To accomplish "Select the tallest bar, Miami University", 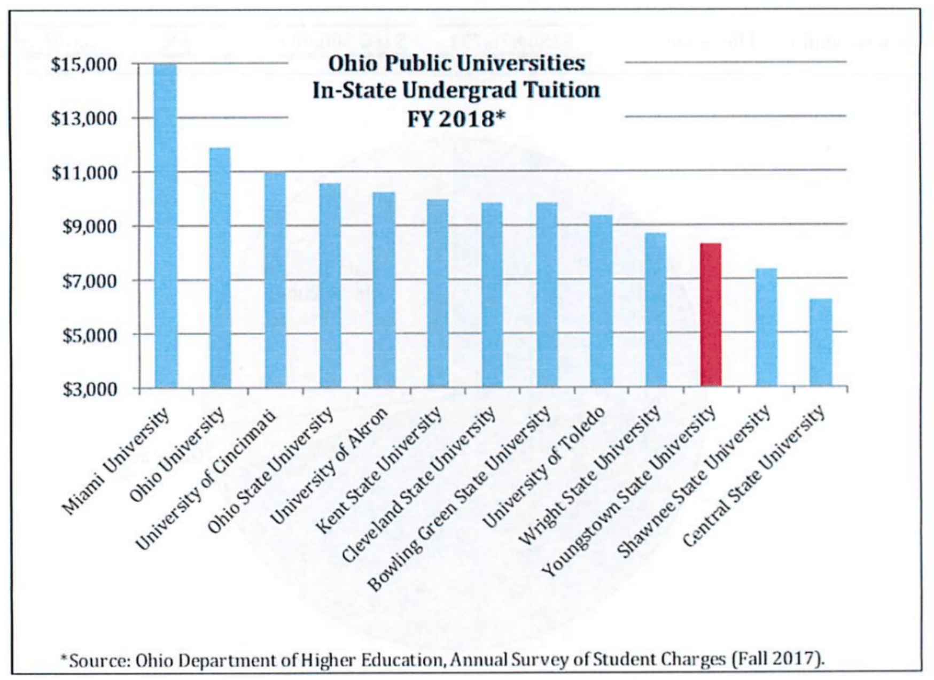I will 166,225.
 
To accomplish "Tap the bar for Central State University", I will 821,342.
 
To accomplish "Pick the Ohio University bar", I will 220,267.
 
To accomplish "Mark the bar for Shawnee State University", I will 766,327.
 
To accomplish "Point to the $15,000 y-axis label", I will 84,65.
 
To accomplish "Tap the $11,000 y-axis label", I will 84,173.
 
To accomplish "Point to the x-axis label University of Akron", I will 329,465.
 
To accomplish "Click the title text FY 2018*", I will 456,118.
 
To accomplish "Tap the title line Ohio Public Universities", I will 456,64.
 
